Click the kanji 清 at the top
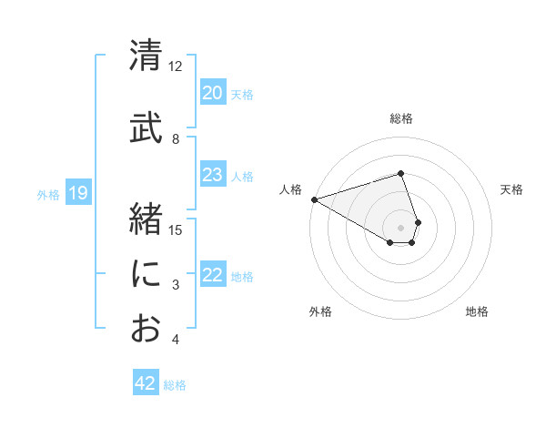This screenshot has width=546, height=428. coord(146,55)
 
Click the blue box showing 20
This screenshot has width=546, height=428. coord(213,93)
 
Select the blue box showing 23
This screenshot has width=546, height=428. coord(213,176)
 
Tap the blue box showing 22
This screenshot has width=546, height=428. coord(213,276)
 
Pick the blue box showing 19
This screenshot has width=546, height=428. coord(78,193)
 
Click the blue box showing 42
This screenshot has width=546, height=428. coord(146,383)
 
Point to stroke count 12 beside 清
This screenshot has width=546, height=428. coord(175,66)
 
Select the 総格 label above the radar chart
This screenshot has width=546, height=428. coord(401,118)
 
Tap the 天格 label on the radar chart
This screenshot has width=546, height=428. coord(512,189)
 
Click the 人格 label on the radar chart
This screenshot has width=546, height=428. coord(290,189)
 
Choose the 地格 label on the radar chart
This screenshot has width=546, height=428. coord(477,311)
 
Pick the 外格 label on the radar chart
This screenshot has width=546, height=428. coord(320,311)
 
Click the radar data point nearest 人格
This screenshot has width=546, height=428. coord(314,199)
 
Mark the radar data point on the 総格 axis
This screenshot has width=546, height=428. coord(400,173)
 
